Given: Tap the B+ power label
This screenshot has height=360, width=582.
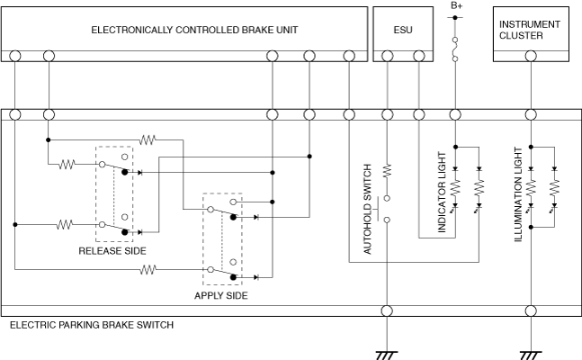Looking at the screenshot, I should click(456, 6).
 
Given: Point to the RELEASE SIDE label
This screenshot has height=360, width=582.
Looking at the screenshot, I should click(112, 251).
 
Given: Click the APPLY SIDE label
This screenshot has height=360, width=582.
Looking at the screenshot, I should click(221, 295).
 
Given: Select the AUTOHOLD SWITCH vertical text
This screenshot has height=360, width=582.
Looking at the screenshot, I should click(368, 210).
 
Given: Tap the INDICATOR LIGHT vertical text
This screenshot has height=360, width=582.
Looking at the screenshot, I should click(442, 200).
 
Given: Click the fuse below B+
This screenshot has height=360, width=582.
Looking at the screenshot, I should click(456, 49).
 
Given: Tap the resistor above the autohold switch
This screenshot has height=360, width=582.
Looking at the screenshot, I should click(388, 169).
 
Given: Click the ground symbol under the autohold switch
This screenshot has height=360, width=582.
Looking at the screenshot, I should click(388, 353).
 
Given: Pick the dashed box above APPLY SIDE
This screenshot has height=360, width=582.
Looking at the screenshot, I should click(222, 238).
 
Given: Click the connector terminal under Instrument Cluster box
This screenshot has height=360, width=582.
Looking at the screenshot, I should click(532, 56).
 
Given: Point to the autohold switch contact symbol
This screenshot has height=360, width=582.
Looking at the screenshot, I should click(388, 209).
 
